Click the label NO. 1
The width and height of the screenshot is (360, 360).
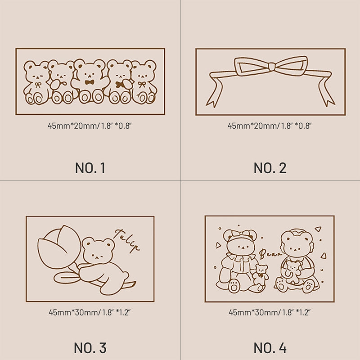pyautogui.click(x=90, y=168)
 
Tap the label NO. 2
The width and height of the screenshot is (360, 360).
pyautogui.click(x=270, y=168)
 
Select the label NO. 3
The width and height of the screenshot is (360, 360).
pyautogui.click(x=90, y=348)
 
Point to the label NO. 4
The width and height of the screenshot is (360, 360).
pyautogui.click(x=270, y=348)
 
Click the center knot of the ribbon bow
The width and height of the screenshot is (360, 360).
pyautogui.click(x=272, y=66)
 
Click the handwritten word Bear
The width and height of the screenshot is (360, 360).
pyautogui.click(x=270, y=254)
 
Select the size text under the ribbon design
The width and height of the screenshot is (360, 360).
pyautogui.click(x=270, y=126)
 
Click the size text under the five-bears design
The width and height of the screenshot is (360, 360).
pyautogui.click(x=90, y=126)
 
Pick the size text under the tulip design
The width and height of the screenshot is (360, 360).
pyautogui.click(x=90, y=312)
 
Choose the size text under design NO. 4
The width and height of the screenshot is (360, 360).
pyautogui.click(x=270, y=312)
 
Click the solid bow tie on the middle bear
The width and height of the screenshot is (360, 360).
pyautogui.click(x=90, y=82)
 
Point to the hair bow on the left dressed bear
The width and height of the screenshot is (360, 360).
pyautogui.click(x=240, y=234)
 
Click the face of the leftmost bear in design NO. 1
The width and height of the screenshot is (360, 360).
pyautogui.click(x=36, y=75)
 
